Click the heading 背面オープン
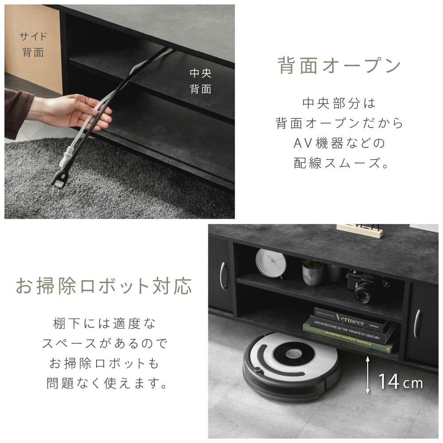[x=339, y=65]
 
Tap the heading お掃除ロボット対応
[x=104, y=286]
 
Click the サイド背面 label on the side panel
[x=33, y=44]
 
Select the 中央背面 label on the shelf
[x=201, y=81]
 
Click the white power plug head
[x=66, y=160]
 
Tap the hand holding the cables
[x=70, y=111]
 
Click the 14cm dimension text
[x=400, y=382]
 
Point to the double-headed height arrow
[x=368, y=375]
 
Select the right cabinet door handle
[x=416, y=324]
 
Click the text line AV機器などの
[x=339, y=143]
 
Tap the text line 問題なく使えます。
[x=107, y=383]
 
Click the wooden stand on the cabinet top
[x=359, y=230]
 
